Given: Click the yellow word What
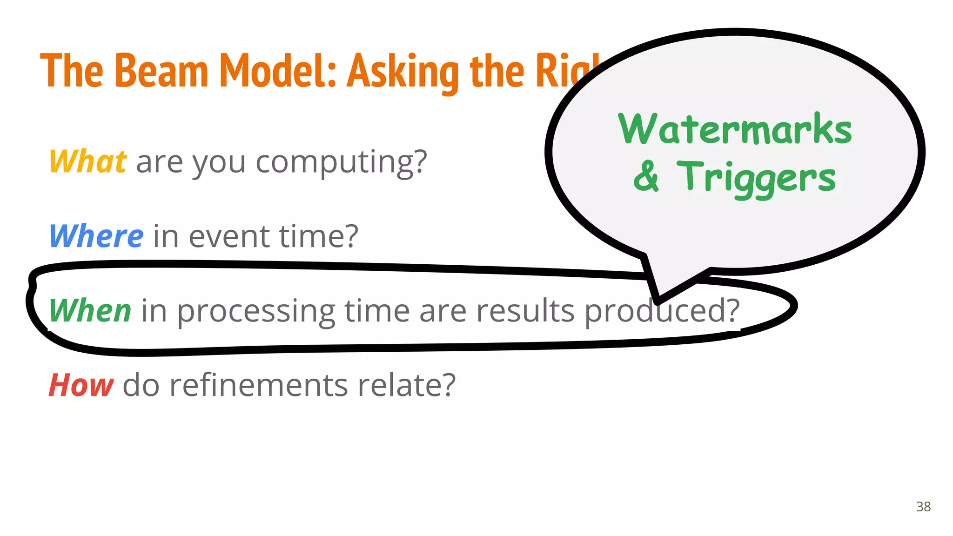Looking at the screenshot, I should click(x=87, y=161).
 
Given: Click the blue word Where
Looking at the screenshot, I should click(x=96, y=236).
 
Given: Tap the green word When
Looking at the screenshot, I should click(x=90, y=310).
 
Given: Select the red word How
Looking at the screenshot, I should click(x=81, y=385).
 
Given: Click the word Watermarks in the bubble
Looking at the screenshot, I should click(x=735, y=129).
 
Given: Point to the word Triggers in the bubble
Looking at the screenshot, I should click(x=756, y=178).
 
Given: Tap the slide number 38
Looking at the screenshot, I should click(x=923, y=507).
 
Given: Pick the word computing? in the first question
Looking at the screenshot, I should click(x=341, y=162).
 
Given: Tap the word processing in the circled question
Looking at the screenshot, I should click(x=256, y=311).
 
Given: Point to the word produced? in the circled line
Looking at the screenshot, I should click(x=661, y=310).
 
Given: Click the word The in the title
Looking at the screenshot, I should click(x=72, y=71).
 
